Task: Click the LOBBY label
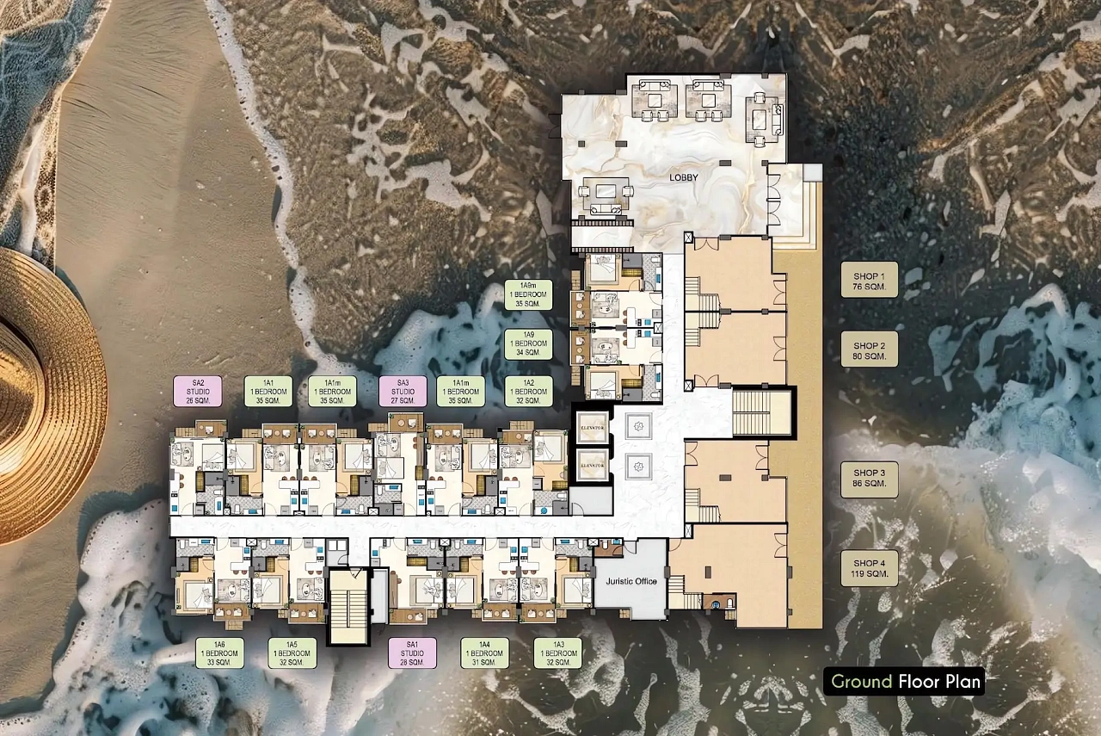point(683,177)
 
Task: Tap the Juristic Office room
point(631,580)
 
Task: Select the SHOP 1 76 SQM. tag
point(869,280)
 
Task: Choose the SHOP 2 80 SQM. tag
point(869,349)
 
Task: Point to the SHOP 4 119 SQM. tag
point(869,568)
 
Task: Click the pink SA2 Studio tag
point(198,392)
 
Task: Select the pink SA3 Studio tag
point(403,392)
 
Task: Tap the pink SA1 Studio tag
point(412,653)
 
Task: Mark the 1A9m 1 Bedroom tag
point(528,294)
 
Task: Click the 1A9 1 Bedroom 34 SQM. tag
point(528,343)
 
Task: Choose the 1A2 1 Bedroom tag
point(528,392)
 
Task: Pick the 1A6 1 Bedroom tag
point(219,653)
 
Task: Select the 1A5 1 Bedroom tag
point(292,653)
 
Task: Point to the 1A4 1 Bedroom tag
point(484,653)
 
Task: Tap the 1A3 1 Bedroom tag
point(558,653)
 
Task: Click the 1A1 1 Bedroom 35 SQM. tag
point(268,392)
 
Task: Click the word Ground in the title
point(861,682)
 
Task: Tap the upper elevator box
point(593,427)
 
